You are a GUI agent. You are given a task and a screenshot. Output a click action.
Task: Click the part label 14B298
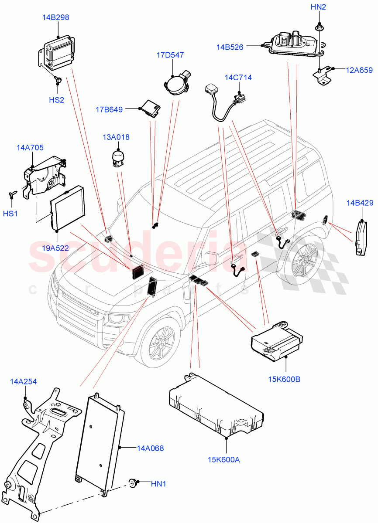[55, 17]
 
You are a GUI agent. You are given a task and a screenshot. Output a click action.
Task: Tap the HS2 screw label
[56, 99]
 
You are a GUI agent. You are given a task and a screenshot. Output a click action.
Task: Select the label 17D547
[170, 55]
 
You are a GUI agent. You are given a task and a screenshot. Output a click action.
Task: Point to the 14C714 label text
[238, 78]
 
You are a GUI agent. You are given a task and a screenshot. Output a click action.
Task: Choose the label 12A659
[359, 69]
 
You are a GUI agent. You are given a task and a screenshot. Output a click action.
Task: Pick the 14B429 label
[360, 203]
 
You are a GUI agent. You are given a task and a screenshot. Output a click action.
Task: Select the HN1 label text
[158, 484]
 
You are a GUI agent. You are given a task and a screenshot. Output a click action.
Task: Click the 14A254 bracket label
[23, 382]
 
